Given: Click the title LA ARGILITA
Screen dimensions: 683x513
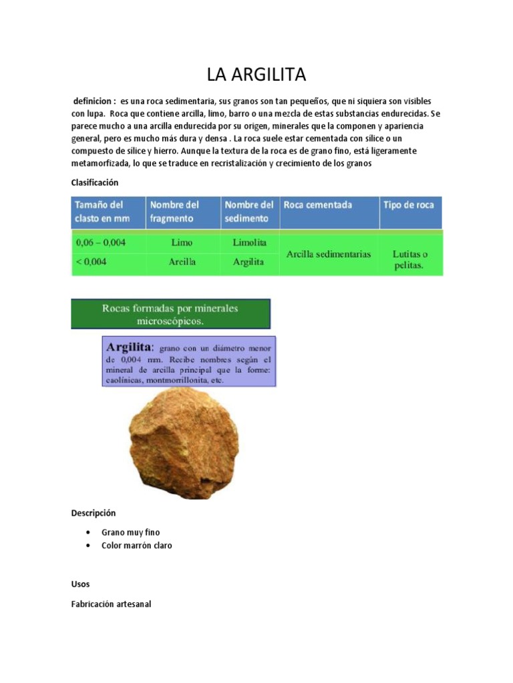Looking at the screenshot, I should point(256,75).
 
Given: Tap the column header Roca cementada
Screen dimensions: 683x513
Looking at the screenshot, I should point(317,205).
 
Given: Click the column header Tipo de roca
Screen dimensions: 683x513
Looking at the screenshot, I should point(408,205).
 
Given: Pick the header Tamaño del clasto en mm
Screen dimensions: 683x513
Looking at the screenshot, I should point(100,211).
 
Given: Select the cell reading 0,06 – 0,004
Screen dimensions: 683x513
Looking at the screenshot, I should point(100,243).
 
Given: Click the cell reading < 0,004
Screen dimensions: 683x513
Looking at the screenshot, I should point(91,261).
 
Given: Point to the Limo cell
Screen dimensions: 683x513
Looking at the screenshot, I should point(182,243).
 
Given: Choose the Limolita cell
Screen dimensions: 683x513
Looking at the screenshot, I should point(249,243).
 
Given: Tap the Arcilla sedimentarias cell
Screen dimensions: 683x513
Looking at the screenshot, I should point(329,254).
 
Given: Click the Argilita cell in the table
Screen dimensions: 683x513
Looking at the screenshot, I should point(248,262).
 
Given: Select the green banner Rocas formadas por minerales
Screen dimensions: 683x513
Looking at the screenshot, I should point(170,314).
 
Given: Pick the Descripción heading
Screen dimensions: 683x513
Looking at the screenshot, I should point(94,513).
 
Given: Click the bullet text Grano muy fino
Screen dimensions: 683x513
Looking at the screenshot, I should point(131,532).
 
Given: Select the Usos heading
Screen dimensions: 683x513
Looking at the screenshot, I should point(80,584).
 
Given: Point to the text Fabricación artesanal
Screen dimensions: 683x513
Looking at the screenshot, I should point(112,604).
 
